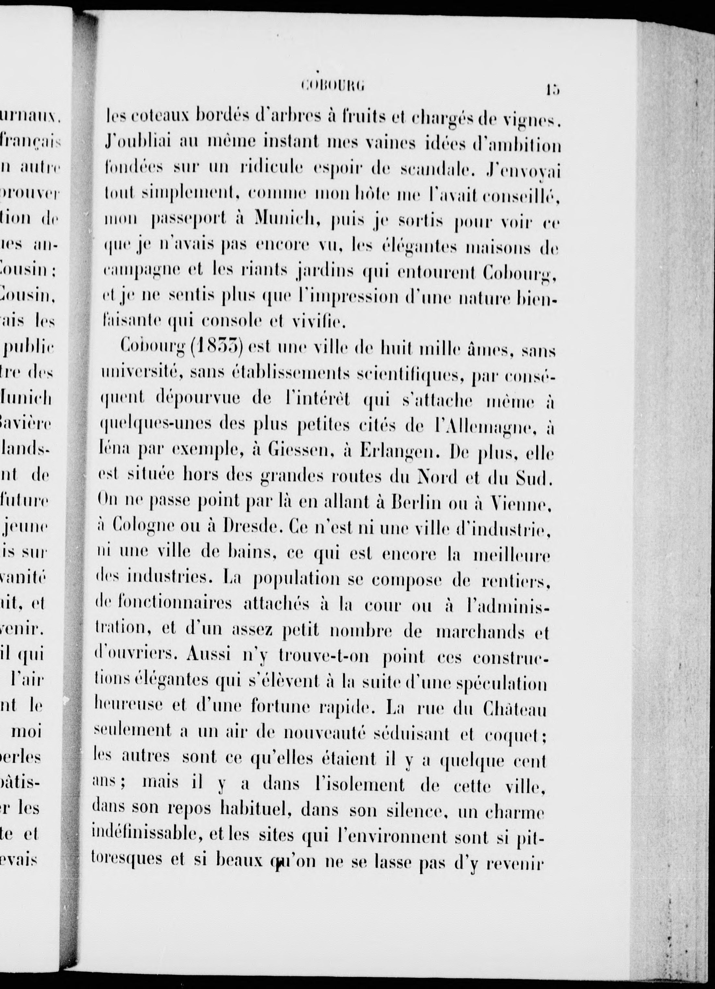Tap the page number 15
[551, 90]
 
